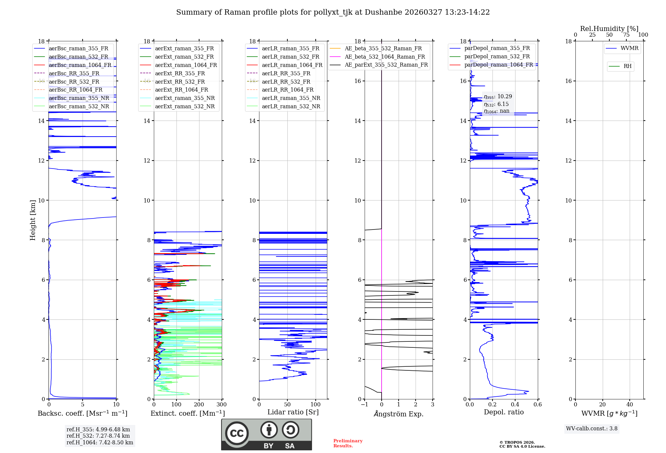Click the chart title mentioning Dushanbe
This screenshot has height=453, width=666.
pos(333,12)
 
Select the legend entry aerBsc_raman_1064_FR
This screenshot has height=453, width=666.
pos(80,65)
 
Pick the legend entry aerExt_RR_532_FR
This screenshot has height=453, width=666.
pos(180,82)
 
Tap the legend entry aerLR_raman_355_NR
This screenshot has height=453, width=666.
pos(291,98)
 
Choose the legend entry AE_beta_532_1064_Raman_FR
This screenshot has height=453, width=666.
pos(385,57)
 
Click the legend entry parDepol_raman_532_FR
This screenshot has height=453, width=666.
pos(497,57)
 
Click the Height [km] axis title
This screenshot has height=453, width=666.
pos(33,220)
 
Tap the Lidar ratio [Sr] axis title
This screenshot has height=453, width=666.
pos(293,412)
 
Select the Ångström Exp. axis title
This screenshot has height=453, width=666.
pos(399,414)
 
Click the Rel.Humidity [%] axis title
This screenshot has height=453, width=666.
pos(609,29)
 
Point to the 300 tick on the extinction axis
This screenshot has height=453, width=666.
pos(222,405)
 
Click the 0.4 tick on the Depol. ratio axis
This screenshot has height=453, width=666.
pos(515,405)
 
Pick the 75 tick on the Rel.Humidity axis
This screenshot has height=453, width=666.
pos(626,35)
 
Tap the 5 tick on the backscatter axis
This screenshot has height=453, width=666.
pos(83,405)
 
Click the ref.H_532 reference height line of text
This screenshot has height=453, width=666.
pos(98,436)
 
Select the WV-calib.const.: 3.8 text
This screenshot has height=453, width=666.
pos(592,429)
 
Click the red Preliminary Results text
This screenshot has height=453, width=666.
pos(348,443)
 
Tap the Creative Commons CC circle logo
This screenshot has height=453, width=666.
pos(237,433)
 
